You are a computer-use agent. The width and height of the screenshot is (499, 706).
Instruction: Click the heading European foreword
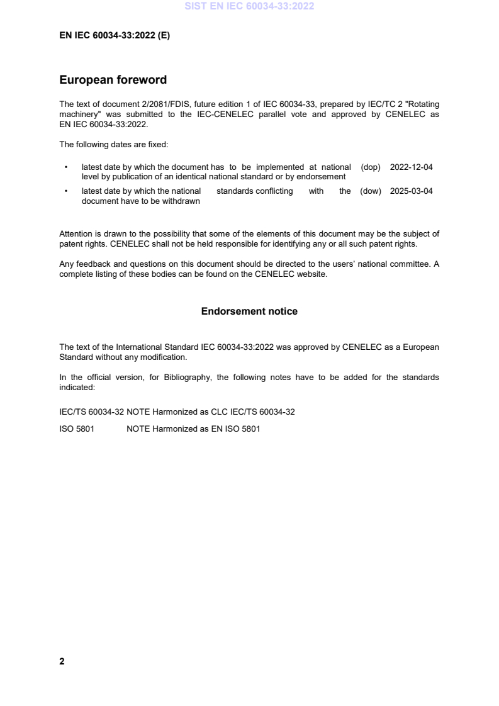tap(113, 80)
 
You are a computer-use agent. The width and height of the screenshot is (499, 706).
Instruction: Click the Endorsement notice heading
tap(249, 311)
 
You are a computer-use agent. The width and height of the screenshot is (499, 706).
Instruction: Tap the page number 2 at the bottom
tap(62, 661)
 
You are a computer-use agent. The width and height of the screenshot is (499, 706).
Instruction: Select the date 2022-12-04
tap(412, 167)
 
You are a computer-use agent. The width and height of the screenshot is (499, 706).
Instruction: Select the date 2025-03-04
tap(412, 191)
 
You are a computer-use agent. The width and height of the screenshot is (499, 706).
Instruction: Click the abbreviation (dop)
tap(371, 167)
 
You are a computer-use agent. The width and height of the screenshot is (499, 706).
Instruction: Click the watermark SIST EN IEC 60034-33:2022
tap(249, 7)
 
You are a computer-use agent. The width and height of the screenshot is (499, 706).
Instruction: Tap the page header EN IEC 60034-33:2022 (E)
tap(114, 36)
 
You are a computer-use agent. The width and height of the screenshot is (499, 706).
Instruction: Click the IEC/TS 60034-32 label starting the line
tap(91, 412)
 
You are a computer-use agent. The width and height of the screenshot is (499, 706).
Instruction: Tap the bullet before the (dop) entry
tap(66, 167)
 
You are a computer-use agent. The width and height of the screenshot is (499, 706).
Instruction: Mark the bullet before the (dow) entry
tap(66, 191)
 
